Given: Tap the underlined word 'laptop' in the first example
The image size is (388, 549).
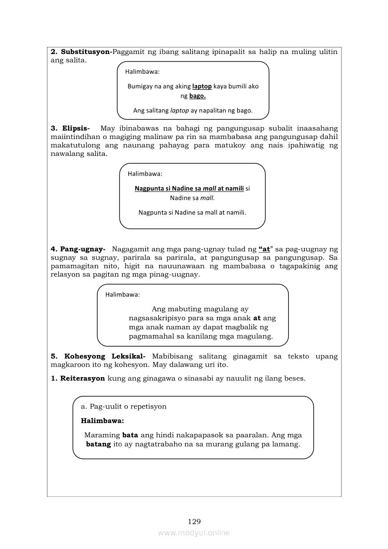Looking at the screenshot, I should click(x=202, y=86).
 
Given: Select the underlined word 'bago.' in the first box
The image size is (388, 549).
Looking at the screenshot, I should click(x=197, y=96).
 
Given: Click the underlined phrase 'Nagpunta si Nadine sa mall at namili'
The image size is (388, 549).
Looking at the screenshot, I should click(x=189, y=189).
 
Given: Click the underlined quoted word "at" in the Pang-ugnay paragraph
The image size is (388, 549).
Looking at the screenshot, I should click(x=264, y=249).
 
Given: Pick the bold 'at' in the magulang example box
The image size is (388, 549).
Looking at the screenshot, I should click(x=257, y=318).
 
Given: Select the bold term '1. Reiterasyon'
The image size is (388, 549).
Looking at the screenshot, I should click(x=78, y=379).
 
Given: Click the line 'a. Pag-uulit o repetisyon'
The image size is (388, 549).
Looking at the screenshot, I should click(x=124, y=407).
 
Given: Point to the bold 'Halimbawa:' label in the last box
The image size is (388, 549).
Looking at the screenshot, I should click(x=102, y=421).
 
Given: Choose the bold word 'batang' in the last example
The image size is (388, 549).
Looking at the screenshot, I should click(x=99, y=444).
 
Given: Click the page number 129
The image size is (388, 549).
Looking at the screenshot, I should click(x=194, y=521).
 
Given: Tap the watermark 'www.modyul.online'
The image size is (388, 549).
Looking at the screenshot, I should click(x=194, y=533).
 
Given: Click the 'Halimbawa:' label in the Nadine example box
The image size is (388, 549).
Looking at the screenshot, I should click(x=145, y=174).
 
